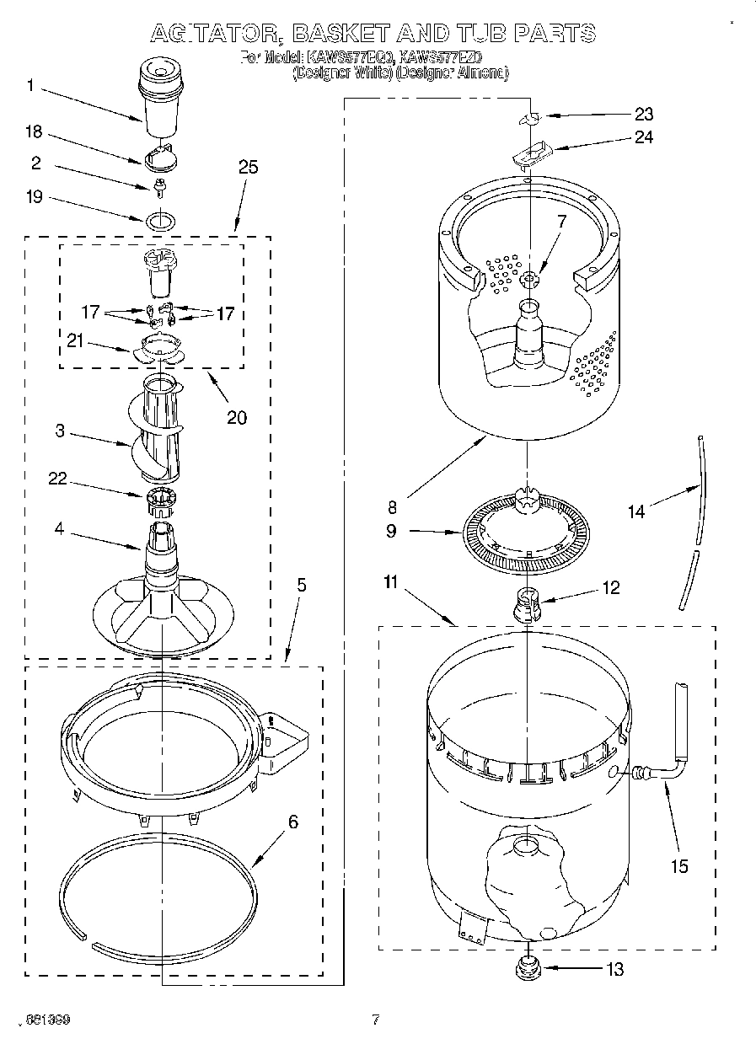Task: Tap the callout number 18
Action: (34, 132)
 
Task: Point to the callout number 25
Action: (248, 167)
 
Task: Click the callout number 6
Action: (292, 822)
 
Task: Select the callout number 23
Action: (644, 114)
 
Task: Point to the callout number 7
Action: (561, 222)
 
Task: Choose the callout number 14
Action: (636, 511)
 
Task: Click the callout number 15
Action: (679, 865)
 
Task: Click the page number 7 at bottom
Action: (376, 1020)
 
